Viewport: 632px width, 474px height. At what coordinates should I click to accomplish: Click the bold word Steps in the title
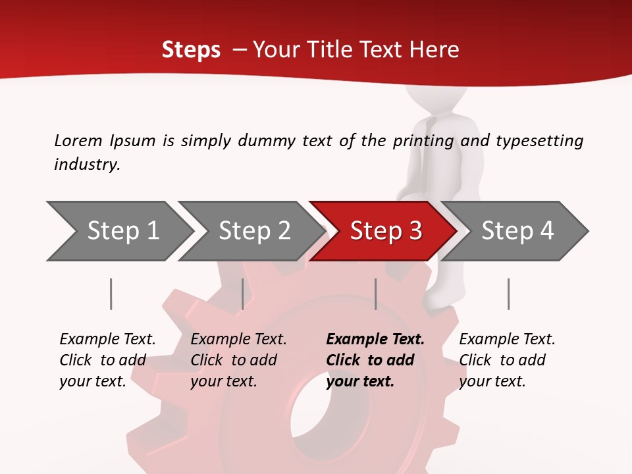pyautogui.click(x=191, y=50)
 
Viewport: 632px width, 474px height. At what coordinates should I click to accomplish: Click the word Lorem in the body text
pyautogui.click(x=78, y=140)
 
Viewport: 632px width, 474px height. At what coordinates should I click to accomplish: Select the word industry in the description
pyautogui.click(x=86, y=165)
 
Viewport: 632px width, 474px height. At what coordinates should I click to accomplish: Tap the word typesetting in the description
pyautogui.click(x=539, y=141)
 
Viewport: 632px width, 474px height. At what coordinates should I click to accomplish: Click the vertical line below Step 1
pyautogui.click(x=111, y=294)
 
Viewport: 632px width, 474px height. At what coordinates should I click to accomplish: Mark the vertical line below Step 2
pyautogui.click(x=243, y=294)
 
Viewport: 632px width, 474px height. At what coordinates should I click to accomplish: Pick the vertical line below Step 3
pyautogui.click(x=375, y=294)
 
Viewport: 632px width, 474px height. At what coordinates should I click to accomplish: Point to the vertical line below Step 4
pyautogui.click(x=508, y=294)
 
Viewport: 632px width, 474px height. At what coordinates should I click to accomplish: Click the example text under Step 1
pyautogui.click(x=107, y=360)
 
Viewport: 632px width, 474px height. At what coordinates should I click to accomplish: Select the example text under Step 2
pyautogui.click(x=238, y=360)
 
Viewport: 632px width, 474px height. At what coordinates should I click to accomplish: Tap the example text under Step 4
pyautogui.click(x=507, y=360)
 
